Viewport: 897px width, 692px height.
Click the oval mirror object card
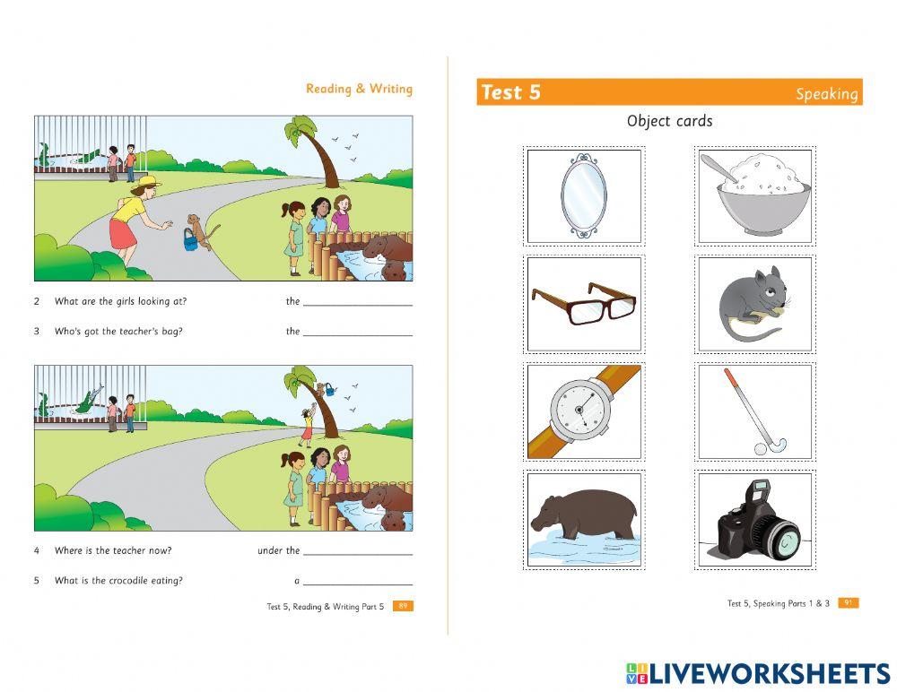coord(584,195)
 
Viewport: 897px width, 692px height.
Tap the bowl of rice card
coord(755,195)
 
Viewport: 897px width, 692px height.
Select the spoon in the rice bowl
coord(719,169)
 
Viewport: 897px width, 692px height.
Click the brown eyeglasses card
coord(584,304)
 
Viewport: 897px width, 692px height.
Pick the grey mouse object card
coord(755,304)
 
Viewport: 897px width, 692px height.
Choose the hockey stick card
coord(755,411)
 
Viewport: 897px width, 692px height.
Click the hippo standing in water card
coord(584,519)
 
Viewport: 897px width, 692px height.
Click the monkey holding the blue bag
coord(200,230)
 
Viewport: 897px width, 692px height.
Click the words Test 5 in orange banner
coord(510,92)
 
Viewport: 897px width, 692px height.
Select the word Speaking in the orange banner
coord(827,94)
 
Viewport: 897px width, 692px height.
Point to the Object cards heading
coord(669,121)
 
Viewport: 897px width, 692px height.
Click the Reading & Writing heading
coord(359,89)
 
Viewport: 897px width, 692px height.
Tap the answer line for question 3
coord(358,335)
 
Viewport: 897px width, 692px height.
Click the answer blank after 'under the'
coord(358,555)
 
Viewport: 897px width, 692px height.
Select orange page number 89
coord(403,606)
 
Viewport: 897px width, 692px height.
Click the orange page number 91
coord(849,602)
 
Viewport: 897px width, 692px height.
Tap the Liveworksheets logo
coord(758,673)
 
